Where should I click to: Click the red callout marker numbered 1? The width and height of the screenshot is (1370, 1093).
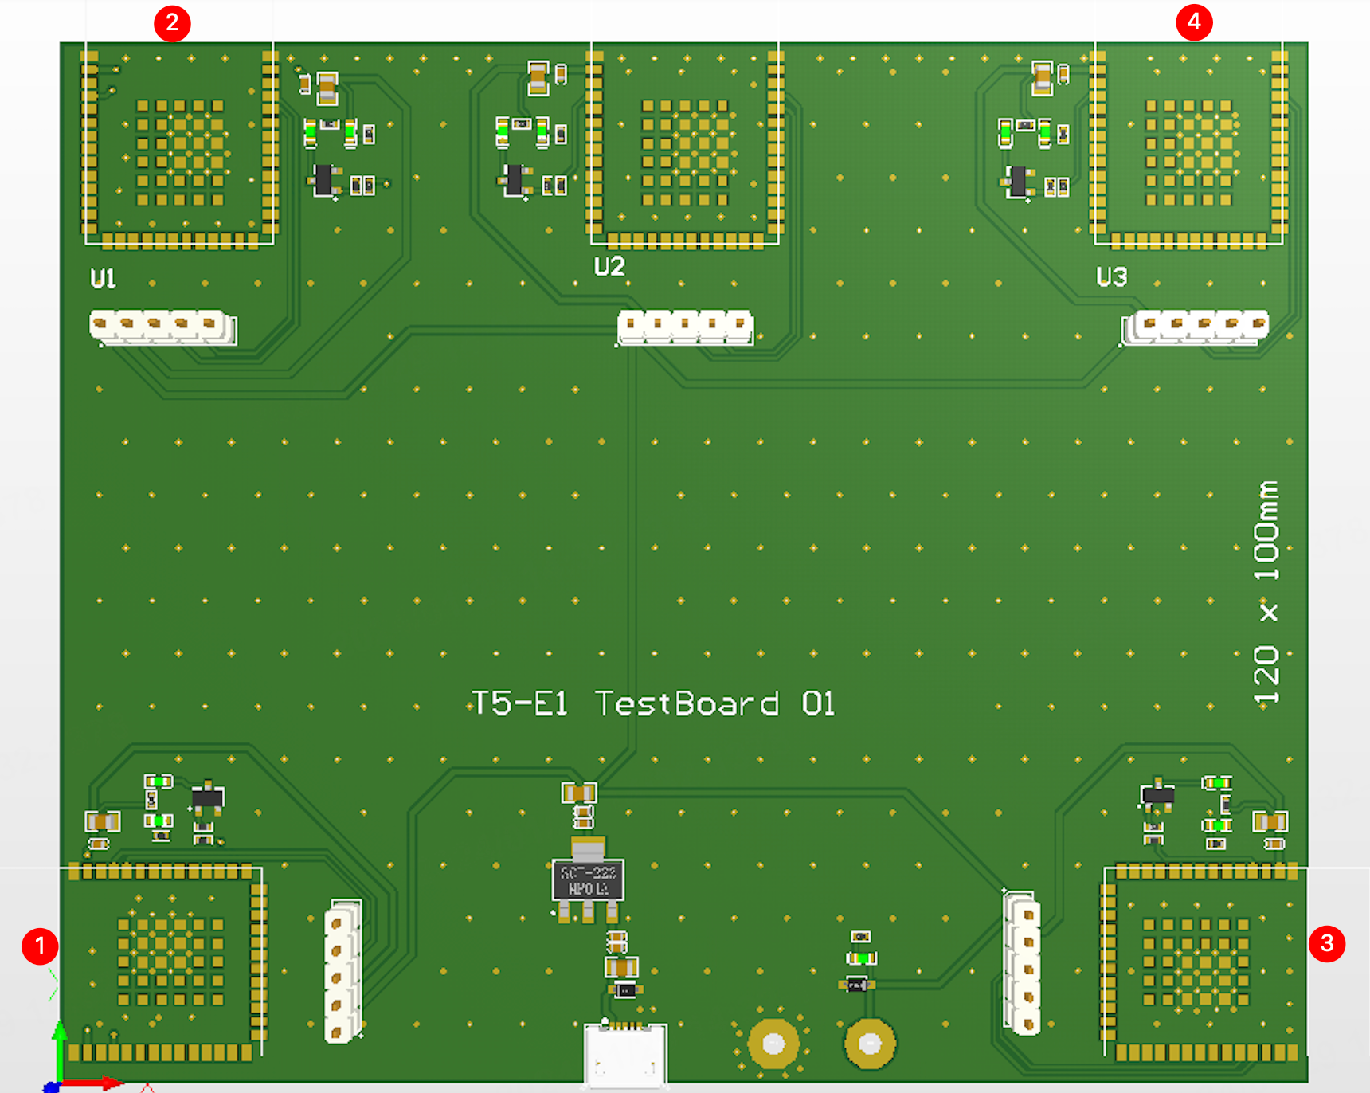point(40,946)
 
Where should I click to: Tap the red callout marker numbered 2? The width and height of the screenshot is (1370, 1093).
point(172,23)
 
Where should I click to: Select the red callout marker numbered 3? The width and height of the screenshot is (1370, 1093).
point(1327,943)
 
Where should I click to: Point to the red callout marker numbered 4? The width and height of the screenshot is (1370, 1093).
point(1194,22)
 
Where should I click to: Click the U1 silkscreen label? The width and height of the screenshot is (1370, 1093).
point(103,278)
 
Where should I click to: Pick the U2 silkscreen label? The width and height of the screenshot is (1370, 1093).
point(609,266)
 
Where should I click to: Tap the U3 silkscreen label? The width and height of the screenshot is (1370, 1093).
point(1112,276)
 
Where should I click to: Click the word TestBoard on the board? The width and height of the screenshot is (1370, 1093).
point(687,703)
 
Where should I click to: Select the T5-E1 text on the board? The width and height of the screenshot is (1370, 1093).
point(519,703)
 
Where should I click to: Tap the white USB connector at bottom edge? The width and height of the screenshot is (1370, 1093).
point(625,1053)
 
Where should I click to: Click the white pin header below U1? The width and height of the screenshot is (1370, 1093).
point(162,327)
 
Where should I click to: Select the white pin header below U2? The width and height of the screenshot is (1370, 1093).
point(686,327)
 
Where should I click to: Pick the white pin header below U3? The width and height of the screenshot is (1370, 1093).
point(1195,327)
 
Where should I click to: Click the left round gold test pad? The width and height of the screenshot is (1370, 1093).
point(773,1043)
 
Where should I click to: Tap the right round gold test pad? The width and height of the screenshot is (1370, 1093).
point(870,1043)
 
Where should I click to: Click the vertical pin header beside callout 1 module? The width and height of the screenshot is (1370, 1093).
point(342,970)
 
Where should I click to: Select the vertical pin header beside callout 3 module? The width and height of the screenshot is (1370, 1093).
point(1022,963)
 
